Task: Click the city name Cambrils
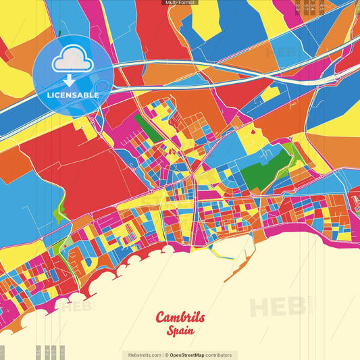point(180,317)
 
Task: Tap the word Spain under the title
point(181,331)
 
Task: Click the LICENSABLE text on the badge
point(73,95)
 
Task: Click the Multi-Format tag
point(180,3)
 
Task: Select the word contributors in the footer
point(220,355)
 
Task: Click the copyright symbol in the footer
point(166,355)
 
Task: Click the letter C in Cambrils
point(162,317)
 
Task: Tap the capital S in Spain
point(171,331)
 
